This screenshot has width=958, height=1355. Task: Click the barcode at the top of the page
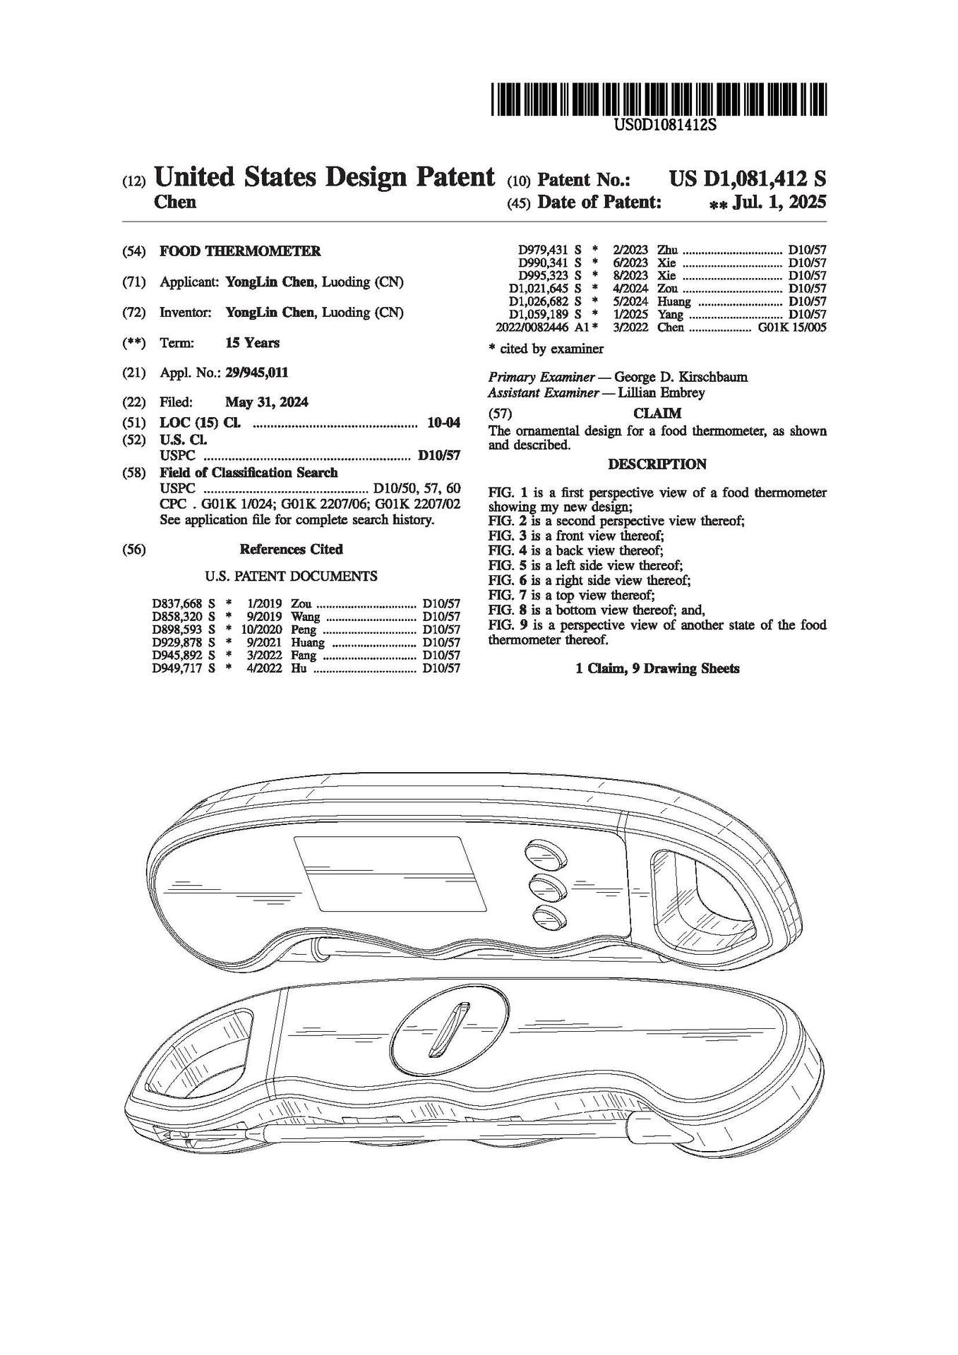(x=658, y=100)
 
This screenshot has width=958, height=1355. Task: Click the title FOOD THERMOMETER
(x=240, y=251)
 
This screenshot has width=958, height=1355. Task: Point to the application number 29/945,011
(x=256, y=373)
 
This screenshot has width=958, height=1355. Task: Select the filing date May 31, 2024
(x=266, y=402)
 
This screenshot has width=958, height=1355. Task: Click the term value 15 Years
(x=252, y=343)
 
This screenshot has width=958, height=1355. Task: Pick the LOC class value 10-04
(x=443, y=423)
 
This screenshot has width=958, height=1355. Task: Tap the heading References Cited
(x=291, y=549)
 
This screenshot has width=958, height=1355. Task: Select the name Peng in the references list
(x=304, y=630)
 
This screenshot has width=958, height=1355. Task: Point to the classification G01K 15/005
(x=791, y=327)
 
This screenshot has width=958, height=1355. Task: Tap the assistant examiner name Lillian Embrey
(x=661, y=392)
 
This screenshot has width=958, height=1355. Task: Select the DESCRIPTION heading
(x=657, y=464)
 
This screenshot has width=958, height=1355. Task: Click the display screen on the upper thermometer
(x=390, y=873)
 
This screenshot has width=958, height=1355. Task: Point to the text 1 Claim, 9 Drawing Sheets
(x=657, y=668)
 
